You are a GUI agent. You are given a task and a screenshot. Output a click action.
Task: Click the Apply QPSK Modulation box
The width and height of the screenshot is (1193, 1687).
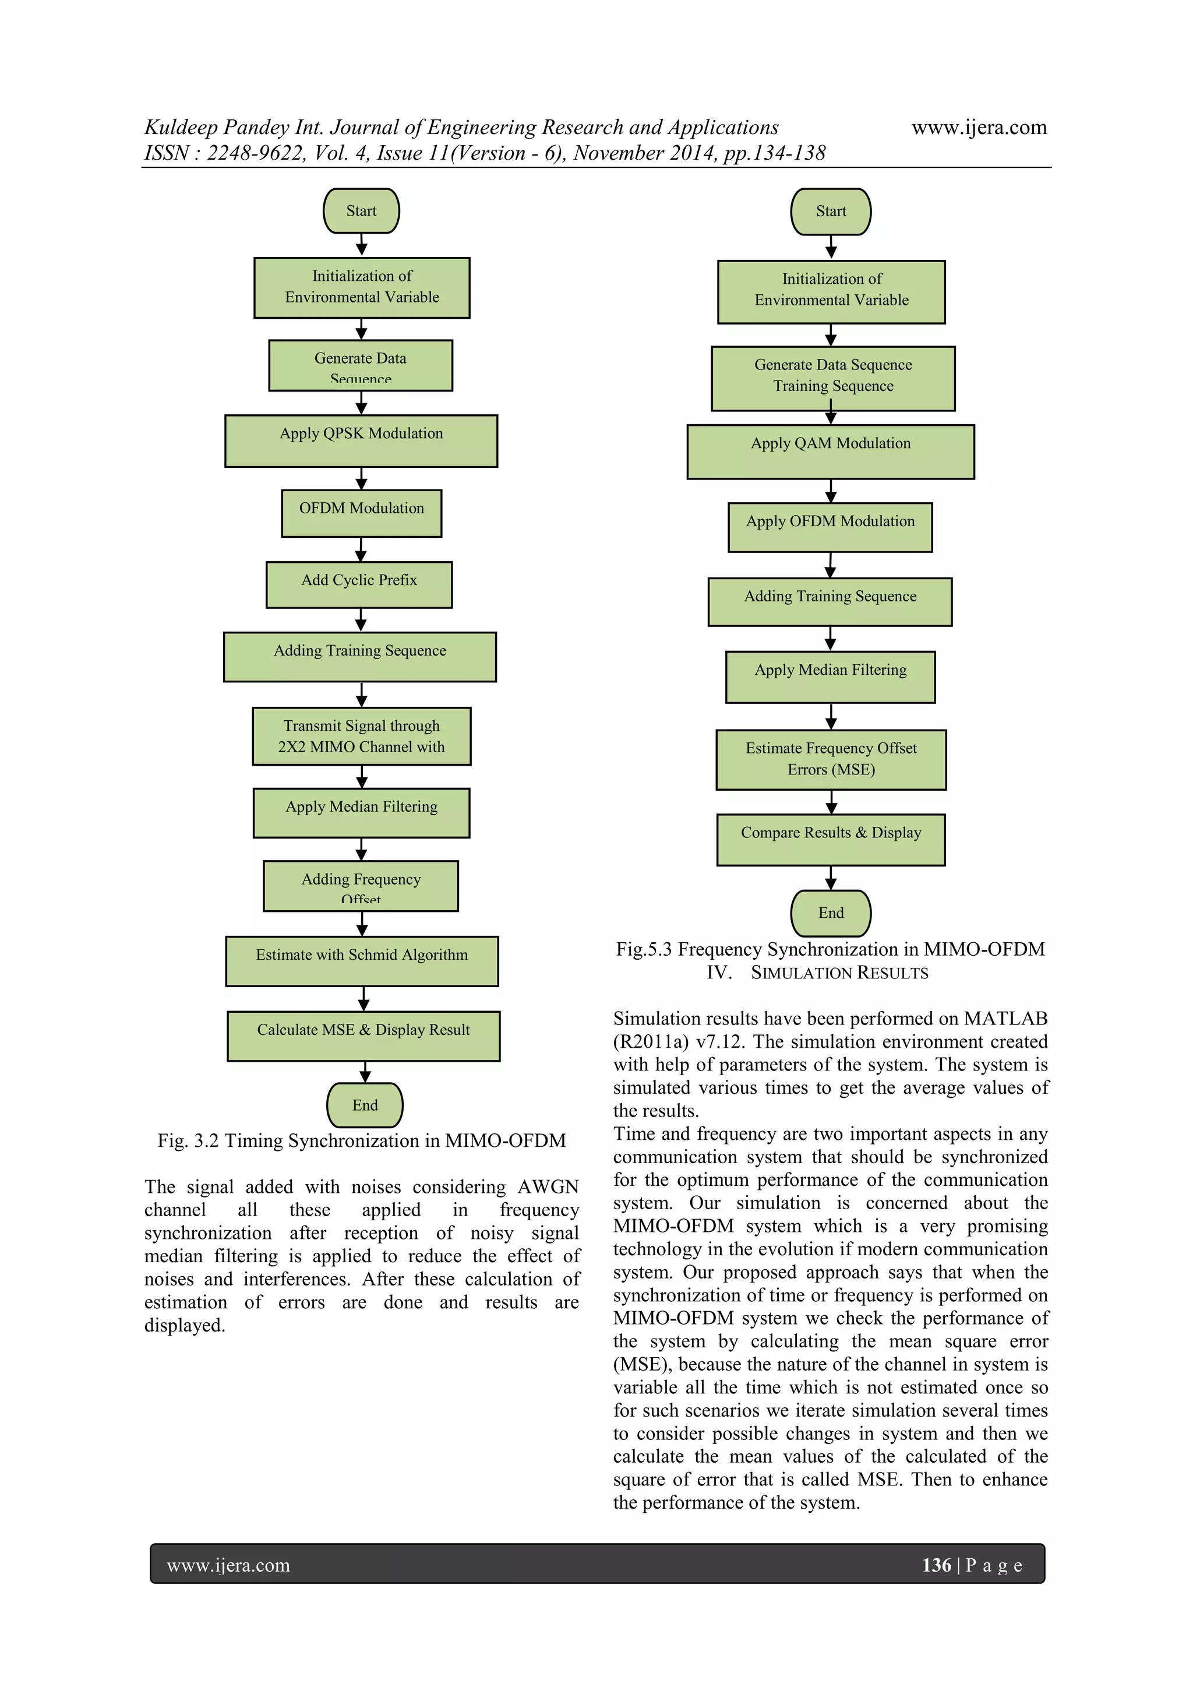pyautogui.click(x=361, y=441)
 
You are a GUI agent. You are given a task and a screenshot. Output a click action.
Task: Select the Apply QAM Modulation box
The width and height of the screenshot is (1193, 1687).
pyautogui.click(x=830, y=451)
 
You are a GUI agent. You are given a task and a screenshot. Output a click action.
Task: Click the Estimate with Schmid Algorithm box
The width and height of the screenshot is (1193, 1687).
pyautogui.click(x=361, y=961)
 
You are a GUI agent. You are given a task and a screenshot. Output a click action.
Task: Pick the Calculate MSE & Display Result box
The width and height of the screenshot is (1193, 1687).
pyautogui.click(x=363, y=1036)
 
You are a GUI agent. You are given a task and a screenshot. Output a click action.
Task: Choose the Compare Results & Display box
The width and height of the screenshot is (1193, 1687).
pyautogui.click(x=830, y=839)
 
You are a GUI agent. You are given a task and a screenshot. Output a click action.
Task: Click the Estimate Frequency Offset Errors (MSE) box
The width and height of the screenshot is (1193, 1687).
pyautogui.click(x=831, y=760)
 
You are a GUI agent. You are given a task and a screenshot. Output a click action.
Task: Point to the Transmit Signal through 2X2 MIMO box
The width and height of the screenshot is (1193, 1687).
pyautogui.click(x=361, y=736)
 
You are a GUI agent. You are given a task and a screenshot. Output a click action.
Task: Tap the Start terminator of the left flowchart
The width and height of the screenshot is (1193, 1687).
pyautogui.click(x=361, y=211)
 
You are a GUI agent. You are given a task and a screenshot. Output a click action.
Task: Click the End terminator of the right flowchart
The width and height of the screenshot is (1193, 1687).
pyautogui.click(x=831, y=913)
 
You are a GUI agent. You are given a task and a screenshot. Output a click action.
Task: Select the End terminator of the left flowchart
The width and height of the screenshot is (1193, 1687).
pyautogui.click(x=365, y=1105)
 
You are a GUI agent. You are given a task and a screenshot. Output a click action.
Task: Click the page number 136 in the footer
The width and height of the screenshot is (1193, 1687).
pyautogui.click(x=937, y=1565)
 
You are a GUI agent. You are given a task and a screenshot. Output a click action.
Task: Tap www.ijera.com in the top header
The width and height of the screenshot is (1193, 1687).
pyautogui.click(x=979, y=127)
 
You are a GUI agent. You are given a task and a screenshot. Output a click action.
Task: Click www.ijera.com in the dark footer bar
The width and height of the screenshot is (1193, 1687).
pyautogui.click(x=228, y=1565)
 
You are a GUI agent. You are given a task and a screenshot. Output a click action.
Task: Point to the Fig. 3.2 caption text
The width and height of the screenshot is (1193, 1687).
pyautogui.click(x=361, y=1140)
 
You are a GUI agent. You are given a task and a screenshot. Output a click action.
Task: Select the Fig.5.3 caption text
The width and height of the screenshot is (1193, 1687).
pyautogui.click(x=830, y=949)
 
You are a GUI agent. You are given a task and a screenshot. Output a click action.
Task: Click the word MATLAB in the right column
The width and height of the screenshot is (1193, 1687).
pyautogui.click(x=1005, y=1019)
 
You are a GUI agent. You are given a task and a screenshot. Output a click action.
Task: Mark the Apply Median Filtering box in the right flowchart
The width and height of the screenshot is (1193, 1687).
pyautogui.click(x=830, y=677)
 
